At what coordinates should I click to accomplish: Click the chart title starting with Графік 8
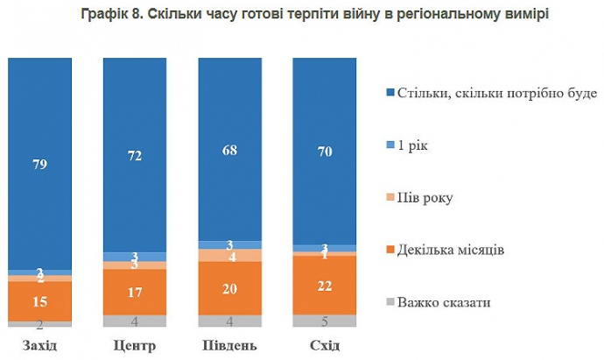tap(302, 16)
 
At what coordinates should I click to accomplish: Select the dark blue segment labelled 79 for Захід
tap(39, 163)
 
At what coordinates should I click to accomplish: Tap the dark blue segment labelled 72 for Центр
tap(134, 155)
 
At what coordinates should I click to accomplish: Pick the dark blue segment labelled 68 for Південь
tap(229, 149)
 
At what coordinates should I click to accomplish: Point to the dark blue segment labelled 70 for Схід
tap(325, 152)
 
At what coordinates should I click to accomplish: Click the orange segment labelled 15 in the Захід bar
tap(39, 301)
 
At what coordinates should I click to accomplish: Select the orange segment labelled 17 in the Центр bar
tap(134, 292)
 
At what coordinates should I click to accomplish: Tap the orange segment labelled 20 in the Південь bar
tap(229, 288)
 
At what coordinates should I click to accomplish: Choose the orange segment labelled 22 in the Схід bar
tap(325, 284)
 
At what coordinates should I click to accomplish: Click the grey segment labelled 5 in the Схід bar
tap(325, 320)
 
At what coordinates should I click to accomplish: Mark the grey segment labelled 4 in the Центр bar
tap(134, 321)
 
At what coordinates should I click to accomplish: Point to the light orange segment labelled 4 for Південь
tap(229, 256)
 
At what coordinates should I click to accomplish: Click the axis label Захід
tap(39, 344)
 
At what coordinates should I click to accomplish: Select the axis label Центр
tap(134, 344)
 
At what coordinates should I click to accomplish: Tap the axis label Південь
tap(229, 344)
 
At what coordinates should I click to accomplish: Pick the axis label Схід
tap(325, 344)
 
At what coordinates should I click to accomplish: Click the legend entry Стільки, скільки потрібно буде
tap(495, 92)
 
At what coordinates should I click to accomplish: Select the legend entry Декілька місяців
tap(450, 251)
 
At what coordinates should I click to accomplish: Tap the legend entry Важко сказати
tap(441, 303)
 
